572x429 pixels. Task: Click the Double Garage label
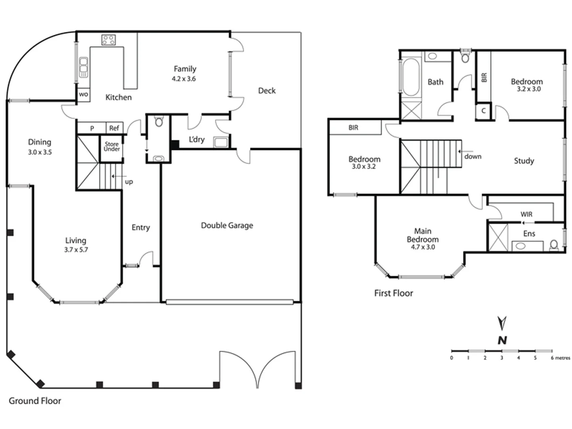(227, 225)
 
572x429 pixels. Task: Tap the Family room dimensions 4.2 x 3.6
(184, 79)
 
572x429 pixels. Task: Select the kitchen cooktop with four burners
(108, 40)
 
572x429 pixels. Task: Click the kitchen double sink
(83, 67)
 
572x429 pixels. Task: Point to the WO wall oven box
(83, 95)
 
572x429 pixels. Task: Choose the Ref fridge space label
(114, 128)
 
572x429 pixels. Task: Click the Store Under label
(112, 147)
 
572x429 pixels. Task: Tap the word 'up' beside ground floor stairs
(129, 182)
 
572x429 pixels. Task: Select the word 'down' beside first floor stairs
(473, 157)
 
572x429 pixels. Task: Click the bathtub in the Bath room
(411, 77)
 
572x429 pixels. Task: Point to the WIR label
(526, 214)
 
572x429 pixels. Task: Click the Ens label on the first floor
(529, 234)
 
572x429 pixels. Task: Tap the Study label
(524, 161)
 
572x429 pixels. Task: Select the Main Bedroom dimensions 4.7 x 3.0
(423, 247)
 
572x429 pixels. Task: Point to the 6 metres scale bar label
(560, 358)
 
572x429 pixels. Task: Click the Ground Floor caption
(35, 401)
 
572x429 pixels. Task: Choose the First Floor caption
(394, 293)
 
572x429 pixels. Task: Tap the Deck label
(267, 91)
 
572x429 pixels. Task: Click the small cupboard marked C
(483, 111)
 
